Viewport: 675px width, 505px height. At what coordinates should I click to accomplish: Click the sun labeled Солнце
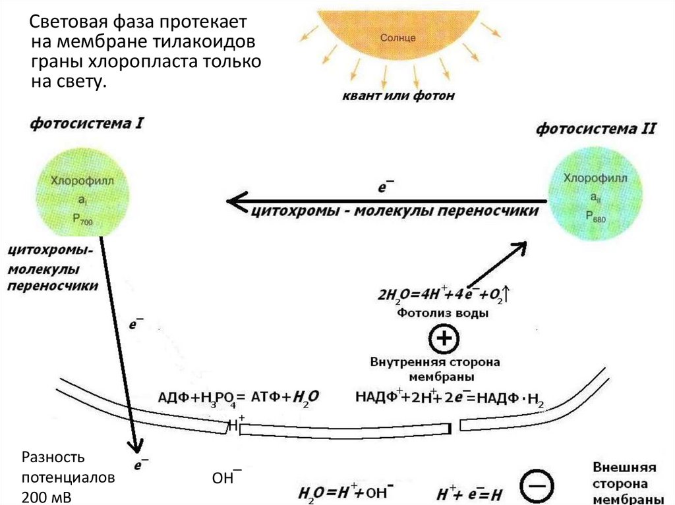[398, 33]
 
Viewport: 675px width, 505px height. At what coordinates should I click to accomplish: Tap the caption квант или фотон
[398, 96]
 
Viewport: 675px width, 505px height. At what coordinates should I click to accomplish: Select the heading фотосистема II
[595, 129]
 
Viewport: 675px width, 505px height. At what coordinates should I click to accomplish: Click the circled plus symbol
[443, 339]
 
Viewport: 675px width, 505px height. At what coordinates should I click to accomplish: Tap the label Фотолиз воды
[442, 314]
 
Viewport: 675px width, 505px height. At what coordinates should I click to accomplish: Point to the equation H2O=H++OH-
[347, 492]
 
